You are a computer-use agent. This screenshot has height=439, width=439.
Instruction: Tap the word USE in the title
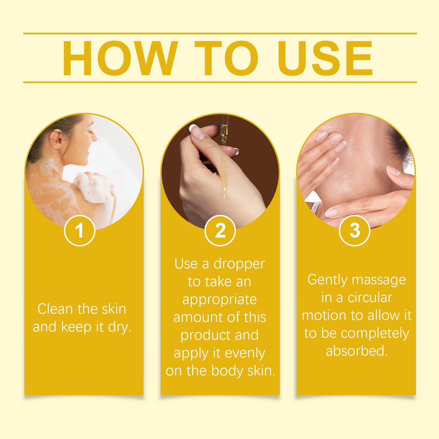pyautogui.click(x=325, y=58)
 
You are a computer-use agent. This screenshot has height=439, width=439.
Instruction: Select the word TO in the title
pyautogui.click(x=227, y=58)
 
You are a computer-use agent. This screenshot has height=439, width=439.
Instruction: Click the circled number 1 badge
pyautogui.click(x=80, y=230)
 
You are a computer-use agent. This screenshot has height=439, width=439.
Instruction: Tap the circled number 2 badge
pyautogui.click(x=220, y=230)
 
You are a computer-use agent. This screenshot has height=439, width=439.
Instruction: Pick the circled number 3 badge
pyautogui.click(x=354, y=230)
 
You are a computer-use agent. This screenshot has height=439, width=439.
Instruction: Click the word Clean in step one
pyautogui.click(x=56, y=309)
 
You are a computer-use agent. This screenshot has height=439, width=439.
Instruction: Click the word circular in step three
pyautogui.click(x=370, y=298)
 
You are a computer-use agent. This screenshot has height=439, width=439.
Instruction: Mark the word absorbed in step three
pyautogui.click(x=357, y=351)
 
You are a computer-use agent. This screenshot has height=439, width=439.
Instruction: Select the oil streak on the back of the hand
pyautogui.click(x=224, y=176)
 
